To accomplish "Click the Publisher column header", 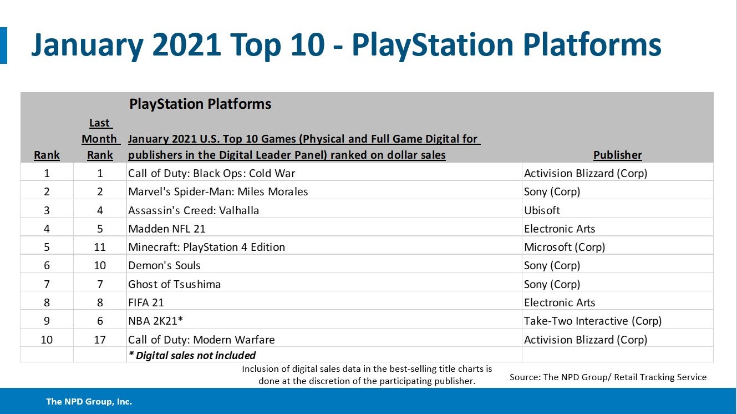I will coord(617,155).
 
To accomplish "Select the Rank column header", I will coord(47,155).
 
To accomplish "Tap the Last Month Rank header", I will coord(100,139).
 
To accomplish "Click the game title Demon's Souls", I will coord(164,265).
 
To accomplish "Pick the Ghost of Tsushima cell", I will coord(174,284).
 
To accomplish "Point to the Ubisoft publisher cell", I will coord(542,210).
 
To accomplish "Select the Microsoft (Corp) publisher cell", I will coord(564,247).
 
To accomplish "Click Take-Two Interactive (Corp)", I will coord(592,321).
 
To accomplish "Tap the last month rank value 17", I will coord(100,340).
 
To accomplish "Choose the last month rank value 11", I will coord(100,247).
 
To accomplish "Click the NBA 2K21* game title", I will coord(156,321).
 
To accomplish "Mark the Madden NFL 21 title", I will coord(167,229).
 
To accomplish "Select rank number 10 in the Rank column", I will coord(47,340).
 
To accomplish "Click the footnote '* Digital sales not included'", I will coord(192,355).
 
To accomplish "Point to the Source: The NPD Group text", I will coord(608,377).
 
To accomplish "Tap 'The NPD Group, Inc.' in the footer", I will coord(89,401).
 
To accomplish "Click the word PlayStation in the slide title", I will coord(433,46).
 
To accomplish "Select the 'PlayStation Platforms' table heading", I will coord(200,104).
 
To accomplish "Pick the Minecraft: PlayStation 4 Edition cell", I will coord(206,247).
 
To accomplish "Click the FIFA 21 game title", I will coord(146,302).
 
